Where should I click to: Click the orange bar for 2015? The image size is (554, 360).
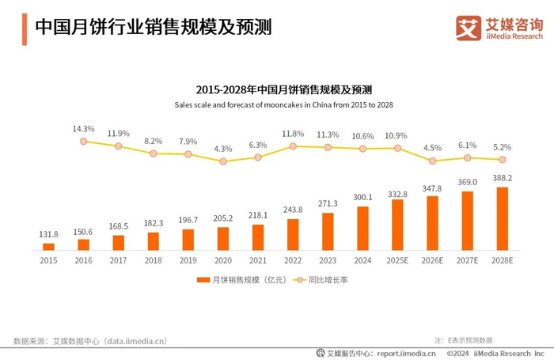(x=48, y=247)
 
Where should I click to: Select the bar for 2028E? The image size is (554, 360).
(x=502, y=219)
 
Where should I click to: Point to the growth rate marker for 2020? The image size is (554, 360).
(x=223, y=161)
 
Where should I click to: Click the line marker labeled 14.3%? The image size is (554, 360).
(x=83, y=141)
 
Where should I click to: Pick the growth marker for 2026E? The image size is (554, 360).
(x=432, y=161)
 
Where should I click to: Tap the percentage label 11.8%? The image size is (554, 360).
(x=293, y=134)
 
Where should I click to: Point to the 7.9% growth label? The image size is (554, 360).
(x=188, y=142)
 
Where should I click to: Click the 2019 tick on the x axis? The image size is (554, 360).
(x=188, y=260)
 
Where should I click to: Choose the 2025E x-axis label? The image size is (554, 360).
(x=397, y=260)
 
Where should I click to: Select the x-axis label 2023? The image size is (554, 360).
(x=328, y=260)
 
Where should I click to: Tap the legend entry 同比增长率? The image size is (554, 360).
(x=325, y=279)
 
